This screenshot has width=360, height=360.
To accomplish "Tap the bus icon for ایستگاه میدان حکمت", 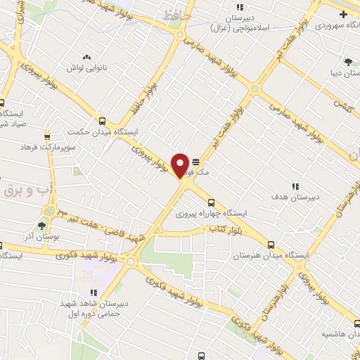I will coord(103,121).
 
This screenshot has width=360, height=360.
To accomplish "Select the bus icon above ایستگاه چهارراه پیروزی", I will coord(212,202).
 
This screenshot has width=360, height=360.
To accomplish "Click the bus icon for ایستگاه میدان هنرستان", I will coord(271,245).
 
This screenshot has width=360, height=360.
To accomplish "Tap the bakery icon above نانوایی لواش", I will coord(86,58).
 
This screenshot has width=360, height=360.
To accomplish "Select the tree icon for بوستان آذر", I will coord(41,226).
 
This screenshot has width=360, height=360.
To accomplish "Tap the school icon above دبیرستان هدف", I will coord(296,186).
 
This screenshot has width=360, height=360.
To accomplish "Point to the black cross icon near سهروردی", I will coord(343,14).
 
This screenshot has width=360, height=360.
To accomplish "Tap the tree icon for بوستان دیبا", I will coord(347,61).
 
